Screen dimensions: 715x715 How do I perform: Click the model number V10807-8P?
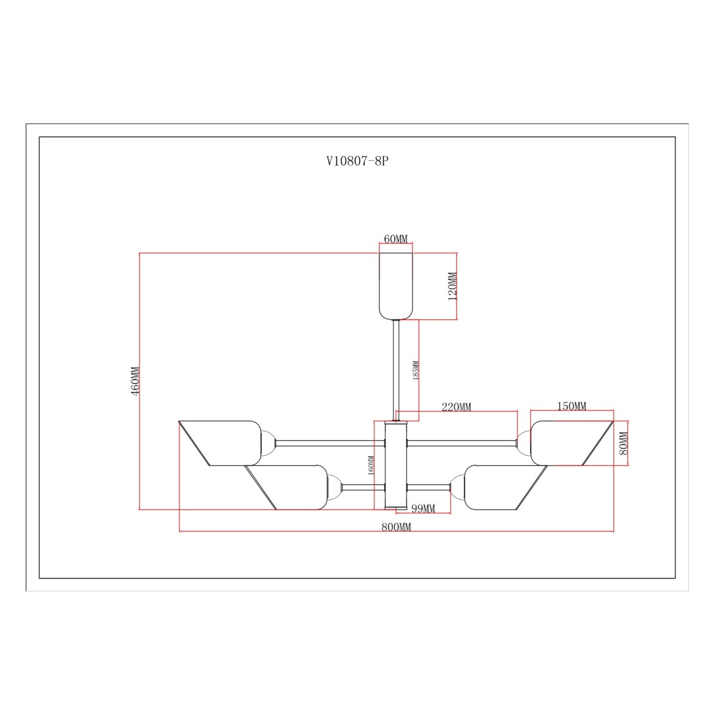pyautogui.click(x=357, y=161)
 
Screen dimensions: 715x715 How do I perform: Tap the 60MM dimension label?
pyautogui.click(x=396, y=239)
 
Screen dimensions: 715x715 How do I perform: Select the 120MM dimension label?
pyautogui.click(x=452, y=287)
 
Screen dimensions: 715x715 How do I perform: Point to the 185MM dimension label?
pyautogui.click(x=415, y=370)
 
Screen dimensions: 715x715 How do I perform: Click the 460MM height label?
pyautogui.click(x=135, y=381)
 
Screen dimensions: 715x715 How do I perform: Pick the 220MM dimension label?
pyautogui.click(x=456, y=407)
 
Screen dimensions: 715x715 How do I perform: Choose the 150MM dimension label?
pyautogui.click(x=572, y=406)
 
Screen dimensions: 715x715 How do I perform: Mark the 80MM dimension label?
pyautogui.click(x=623, y=443)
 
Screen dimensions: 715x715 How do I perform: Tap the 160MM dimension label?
pyautogui.click(x=371, y=465)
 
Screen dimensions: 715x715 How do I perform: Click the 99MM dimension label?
pyautogui.click(x=423, y=508)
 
